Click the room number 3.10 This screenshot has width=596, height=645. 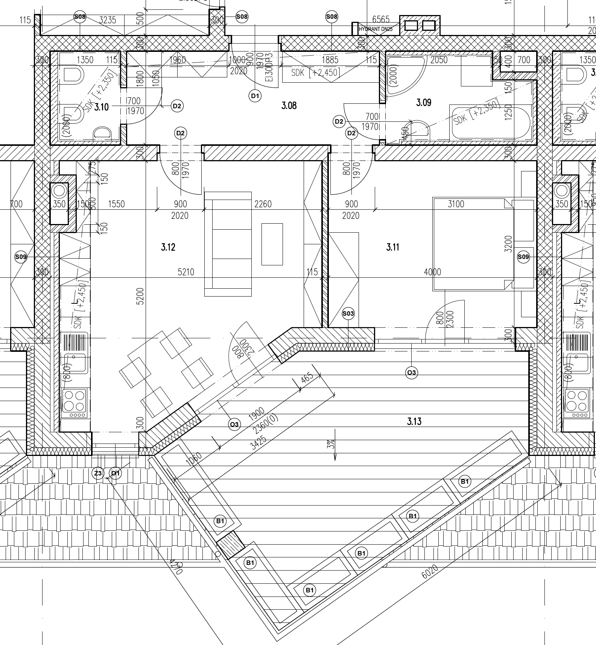(101, 107)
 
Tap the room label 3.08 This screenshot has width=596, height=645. (289, 106)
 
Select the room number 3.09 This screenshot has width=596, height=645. (424, 102)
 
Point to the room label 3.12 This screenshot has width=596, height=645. (168, 247)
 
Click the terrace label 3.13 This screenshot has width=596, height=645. (414, 421)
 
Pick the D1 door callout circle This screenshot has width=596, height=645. (255, 96)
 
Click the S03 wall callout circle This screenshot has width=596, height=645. (348, 313)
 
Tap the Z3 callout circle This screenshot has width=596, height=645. (98, 473)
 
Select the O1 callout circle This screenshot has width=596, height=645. (115, 473)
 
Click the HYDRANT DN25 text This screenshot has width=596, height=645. (376, 29)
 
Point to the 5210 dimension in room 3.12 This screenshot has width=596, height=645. (186, 272)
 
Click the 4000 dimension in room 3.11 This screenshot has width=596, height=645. (432, 272)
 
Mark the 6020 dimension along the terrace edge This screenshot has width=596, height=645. (430, 572)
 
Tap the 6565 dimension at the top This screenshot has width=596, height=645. (381, 20)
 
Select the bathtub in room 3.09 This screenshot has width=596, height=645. (491, 123)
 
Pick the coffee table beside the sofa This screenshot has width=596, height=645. (272, 244)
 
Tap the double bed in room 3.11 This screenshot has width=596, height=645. (472, 244)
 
